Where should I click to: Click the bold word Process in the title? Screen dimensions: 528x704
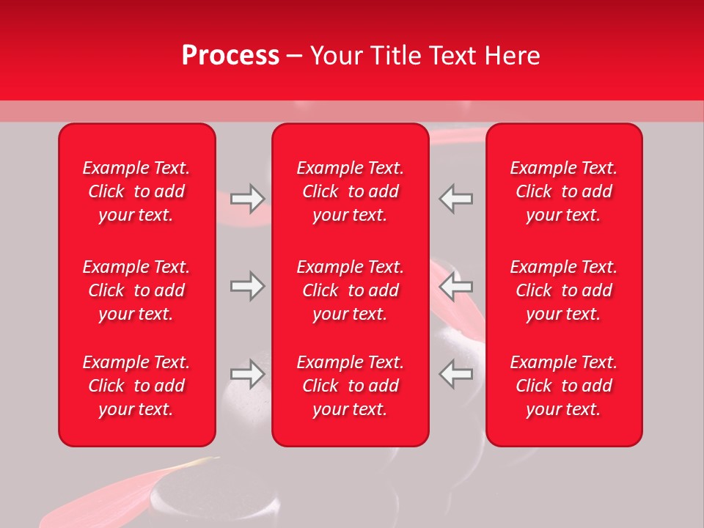[x=230, y=55]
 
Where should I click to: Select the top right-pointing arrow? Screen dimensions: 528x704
[x=248, y=199]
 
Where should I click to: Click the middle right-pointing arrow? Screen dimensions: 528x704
[x=248, y=286]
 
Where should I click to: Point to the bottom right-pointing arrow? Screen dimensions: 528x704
[x=248, y=374]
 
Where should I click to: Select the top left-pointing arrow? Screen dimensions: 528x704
[x=455, y=199]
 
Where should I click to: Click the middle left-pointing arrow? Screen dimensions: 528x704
[x=455, y=286]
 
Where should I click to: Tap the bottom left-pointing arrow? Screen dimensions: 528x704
[x=455, y=374]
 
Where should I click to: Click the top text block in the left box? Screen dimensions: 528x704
[x=136, y=191]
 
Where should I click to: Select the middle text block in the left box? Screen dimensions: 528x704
[x=136, y=290]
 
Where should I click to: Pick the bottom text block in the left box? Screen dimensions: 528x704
[x=136, y=386]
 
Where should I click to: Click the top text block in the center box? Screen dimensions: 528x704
[x=351, y=191]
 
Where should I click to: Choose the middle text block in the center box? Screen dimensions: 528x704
[x=351, y=290]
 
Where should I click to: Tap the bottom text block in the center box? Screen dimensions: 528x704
[x=351, y=386]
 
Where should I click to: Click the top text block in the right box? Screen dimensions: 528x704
[x=564, y=191]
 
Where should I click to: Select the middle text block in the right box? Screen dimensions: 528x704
[x=564, y=290]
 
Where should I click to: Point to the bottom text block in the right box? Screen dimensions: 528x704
[x=564, y=386]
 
